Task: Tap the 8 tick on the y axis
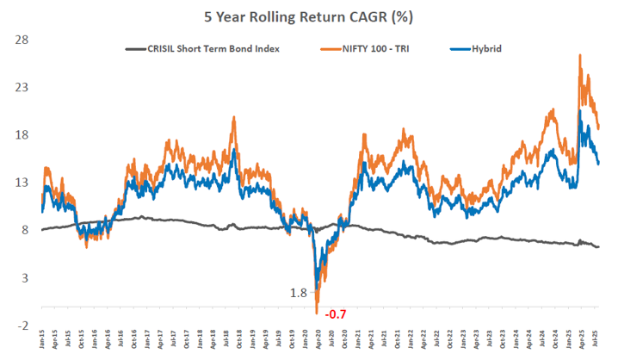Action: [x=27, y=230]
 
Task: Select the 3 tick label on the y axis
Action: [x=27, y=277]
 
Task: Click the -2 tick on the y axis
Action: [x=25, y=325]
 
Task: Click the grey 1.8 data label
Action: [x=299, y=293]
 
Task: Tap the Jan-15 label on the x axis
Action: [x=43, y=338]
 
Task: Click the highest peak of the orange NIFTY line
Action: [x=579, y=56]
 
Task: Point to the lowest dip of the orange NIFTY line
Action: [x=317, y=312]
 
